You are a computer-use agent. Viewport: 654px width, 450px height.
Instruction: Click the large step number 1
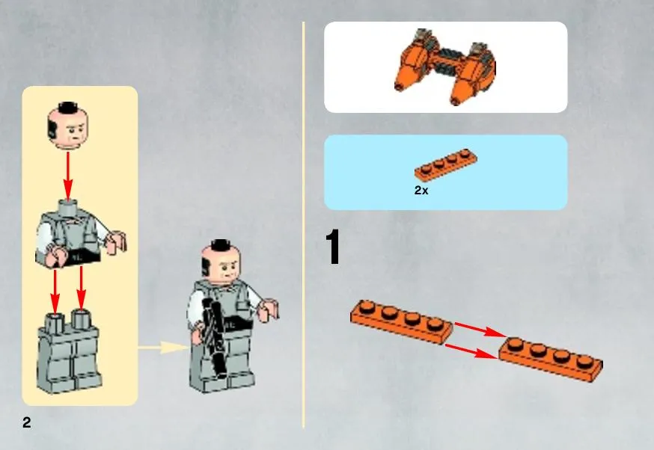[333, 247]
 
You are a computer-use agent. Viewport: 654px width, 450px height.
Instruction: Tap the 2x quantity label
[421, 191]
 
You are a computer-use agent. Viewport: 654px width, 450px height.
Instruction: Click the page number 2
[27, 422]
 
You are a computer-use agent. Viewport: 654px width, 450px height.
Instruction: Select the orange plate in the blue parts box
[446, 164]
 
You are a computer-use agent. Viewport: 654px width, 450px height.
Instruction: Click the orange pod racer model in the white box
[445, 67]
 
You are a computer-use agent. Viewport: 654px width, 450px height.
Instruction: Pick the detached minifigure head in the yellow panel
[68, 126]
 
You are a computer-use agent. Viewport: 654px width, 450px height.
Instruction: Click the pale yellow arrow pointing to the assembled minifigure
[163, 348]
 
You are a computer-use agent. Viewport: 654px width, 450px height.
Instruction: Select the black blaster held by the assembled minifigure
[213, 336]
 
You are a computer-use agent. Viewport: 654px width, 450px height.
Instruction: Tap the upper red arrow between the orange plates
[480, 329]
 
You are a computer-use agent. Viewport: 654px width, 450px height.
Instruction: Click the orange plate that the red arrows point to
[551, 359]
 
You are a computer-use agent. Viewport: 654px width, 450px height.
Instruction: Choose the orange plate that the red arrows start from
[401, 321]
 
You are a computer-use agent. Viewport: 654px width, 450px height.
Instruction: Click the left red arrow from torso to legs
[55, 291]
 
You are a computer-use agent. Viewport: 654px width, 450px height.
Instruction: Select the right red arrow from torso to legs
[82, 288]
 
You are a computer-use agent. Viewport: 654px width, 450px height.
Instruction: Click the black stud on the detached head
[68, 107]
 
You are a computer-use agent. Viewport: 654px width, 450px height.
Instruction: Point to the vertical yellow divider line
[304, 225]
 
